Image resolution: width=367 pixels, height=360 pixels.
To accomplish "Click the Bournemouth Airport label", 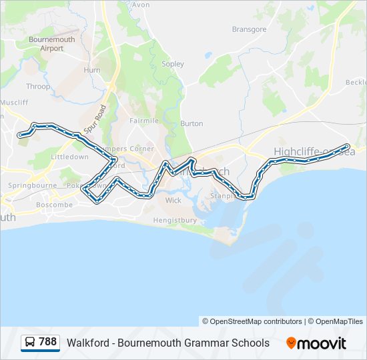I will coord(51,44).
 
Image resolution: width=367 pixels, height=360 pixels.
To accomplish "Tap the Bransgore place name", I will coord(249,29).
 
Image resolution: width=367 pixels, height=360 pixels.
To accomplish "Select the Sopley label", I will coord(173,64).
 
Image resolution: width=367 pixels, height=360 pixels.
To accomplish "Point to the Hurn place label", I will coord(91,70).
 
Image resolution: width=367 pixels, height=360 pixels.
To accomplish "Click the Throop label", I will coord(38,87).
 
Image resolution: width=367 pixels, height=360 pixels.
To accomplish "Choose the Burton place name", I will coord(192,123).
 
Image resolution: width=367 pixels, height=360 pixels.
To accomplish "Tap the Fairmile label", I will coord(144,121).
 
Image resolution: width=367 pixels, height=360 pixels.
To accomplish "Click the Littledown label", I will coord(70,157).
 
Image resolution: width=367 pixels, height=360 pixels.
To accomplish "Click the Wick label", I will coord(173,200).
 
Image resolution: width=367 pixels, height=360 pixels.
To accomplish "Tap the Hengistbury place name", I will coord(175,220).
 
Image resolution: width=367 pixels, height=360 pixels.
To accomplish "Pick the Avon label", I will coord(141,5).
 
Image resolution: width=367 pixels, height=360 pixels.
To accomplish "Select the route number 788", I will coord(48,342).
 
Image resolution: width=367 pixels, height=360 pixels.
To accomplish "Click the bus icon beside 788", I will coord(30,343).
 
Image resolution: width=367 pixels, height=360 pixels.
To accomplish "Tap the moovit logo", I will coord(316,343).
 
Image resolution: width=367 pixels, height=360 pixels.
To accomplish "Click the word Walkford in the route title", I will coord(87,343).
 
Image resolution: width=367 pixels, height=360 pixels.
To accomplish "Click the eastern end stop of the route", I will coord(346,147).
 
